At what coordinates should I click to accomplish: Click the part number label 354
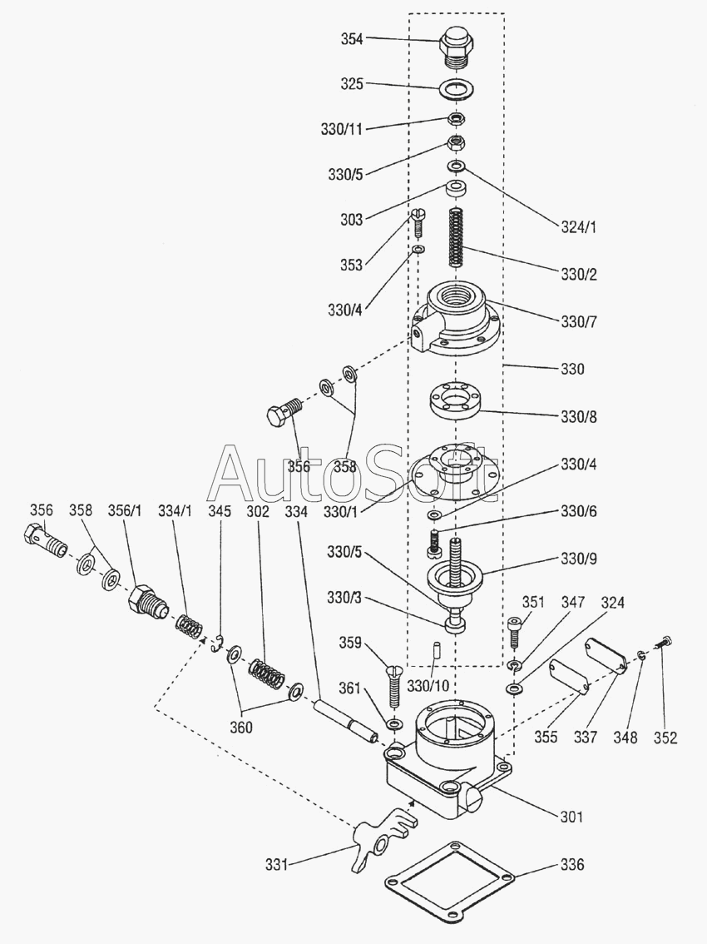coord(352,39)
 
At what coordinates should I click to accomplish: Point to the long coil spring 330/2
coord(456,237)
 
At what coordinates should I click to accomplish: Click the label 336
coord(571,865)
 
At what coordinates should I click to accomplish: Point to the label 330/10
coord(428,686)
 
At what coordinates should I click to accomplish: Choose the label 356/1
coord(126,510)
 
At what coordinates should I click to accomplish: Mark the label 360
coord(242,727)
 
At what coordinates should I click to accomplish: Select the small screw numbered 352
coord(663,643)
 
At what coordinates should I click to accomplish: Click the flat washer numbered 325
coord(454,87)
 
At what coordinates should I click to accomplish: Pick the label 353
coord(351,265)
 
